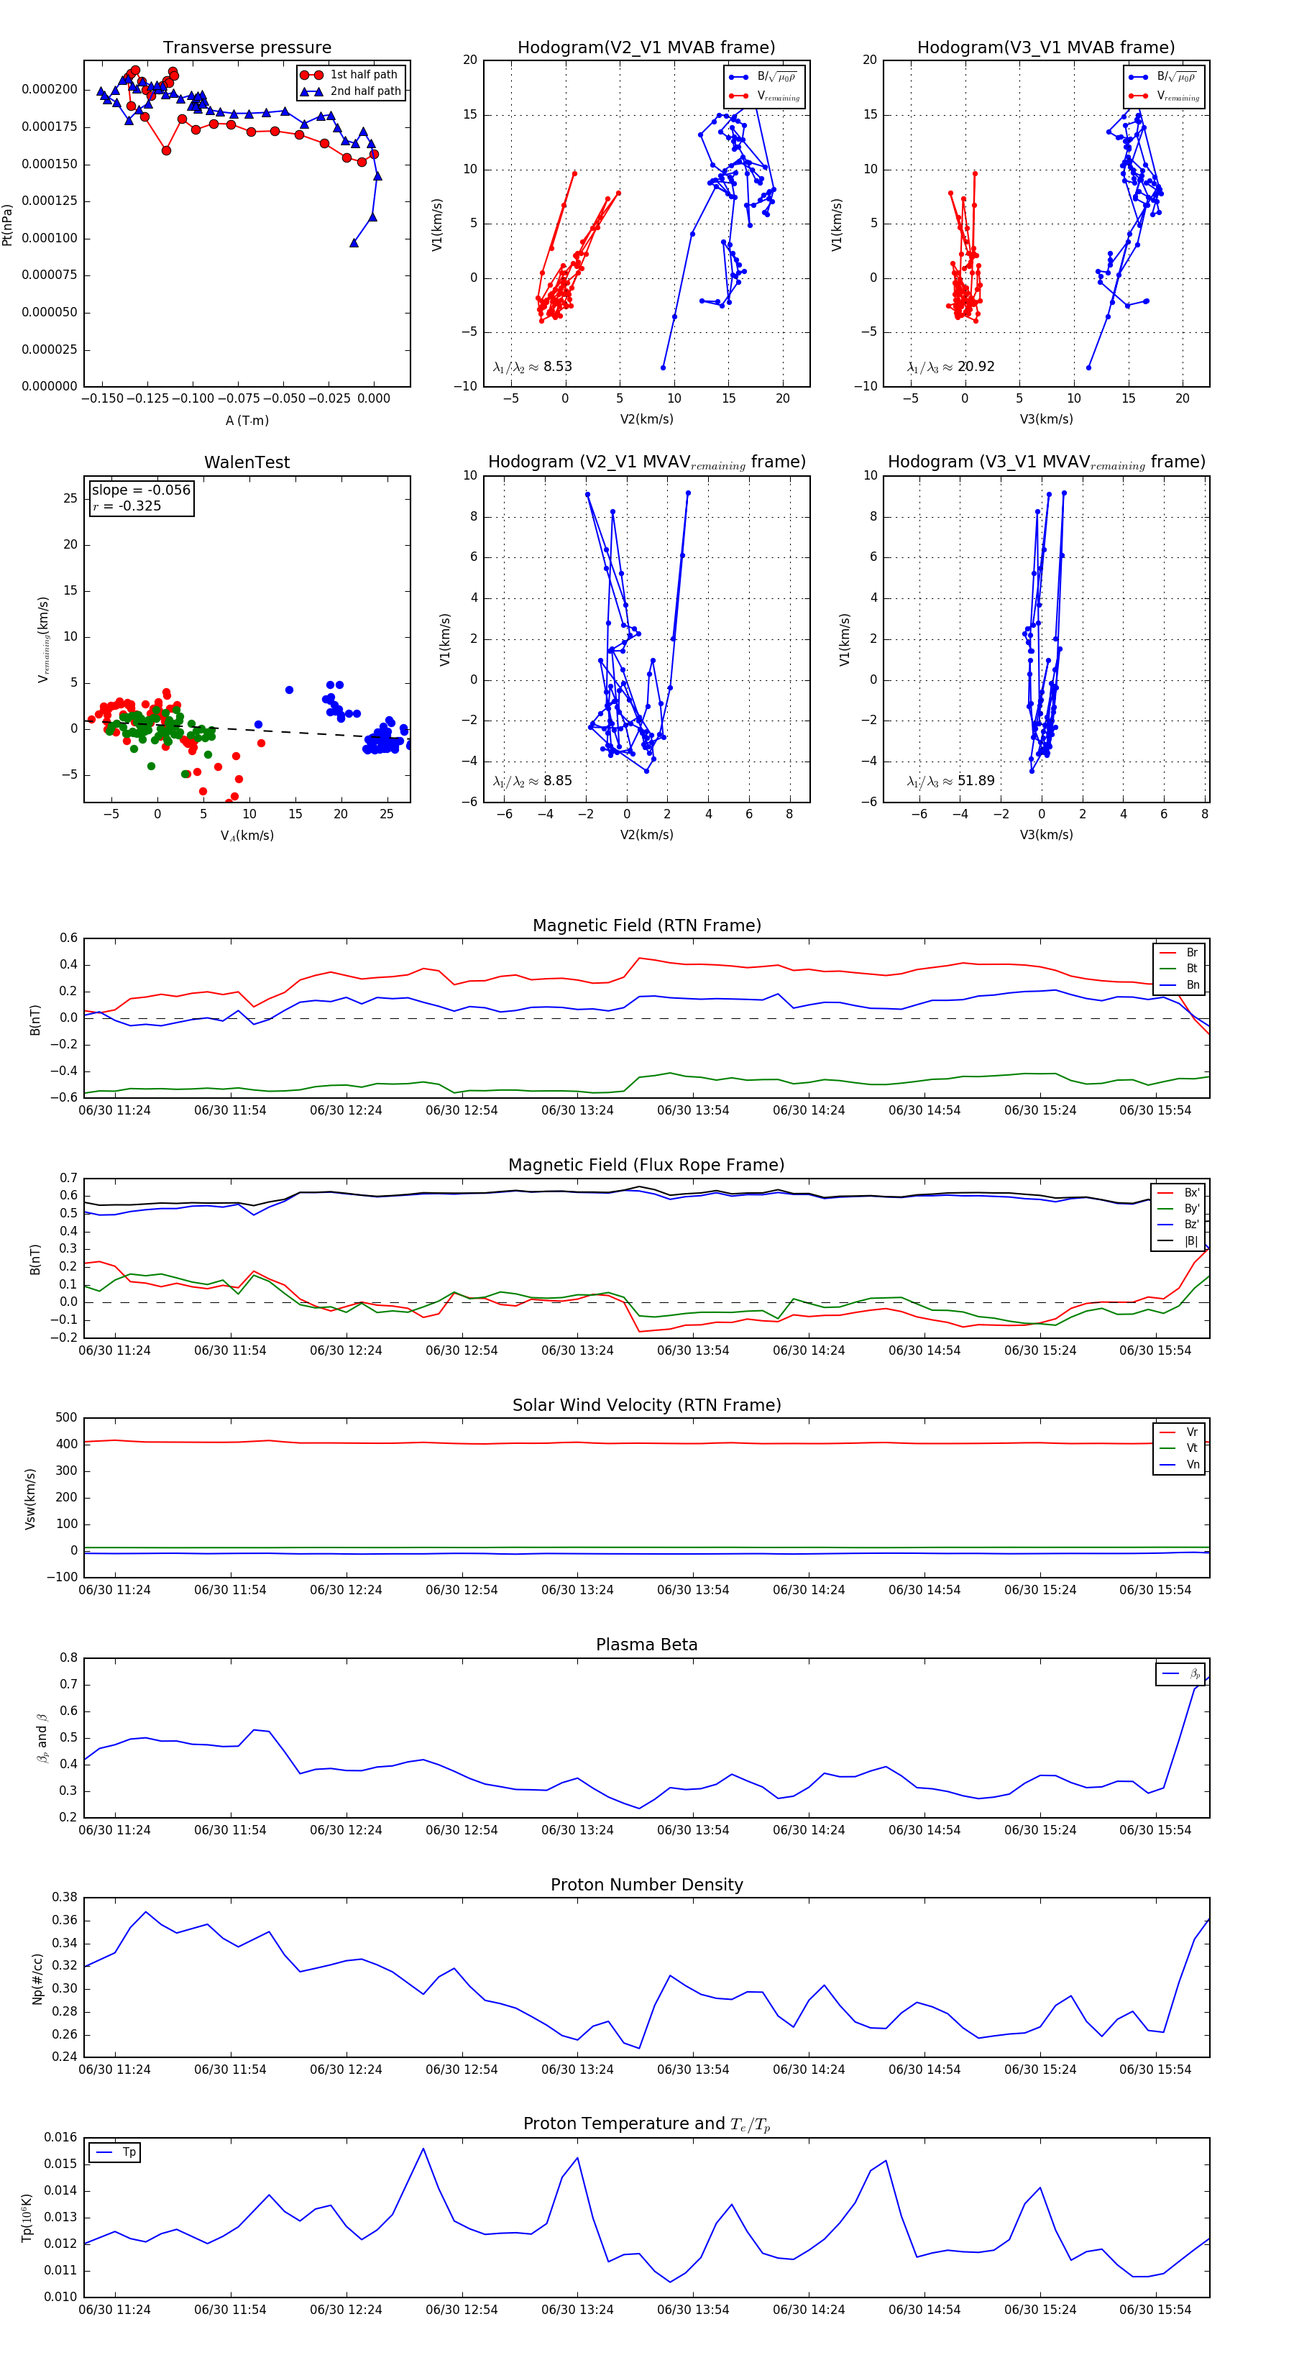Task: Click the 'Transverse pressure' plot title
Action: (x=247, y=48)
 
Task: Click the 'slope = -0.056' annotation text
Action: (x=141, y=490)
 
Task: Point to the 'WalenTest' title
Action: (x=247, y=462)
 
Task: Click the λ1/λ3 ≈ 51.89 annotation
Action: (x=950, y=781)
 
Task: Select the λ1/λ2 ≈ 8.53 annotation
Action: (x=532, y=367)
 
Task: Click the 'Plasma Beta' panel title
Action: (x=646, y=1645)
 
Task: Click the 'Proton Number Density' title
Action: (x=646, y=1885)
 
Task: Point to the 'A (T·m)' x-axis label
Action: (x=247, y=421)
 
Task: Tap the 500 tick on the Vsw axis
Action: (x=66, y=1418)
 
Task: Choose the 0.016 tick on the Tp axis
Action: (x=61, y=2137)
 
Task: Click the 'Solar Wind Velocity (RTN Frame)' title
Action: (x=646, y=1406)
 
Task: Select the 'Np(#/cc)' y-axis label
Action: (x=38, y=1979)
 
